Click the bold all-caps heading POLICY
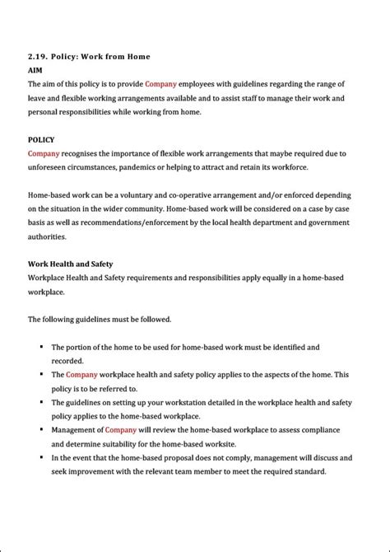coord(41,139)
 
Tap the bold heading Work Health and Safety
coord(70,264)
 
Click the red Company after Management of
coord(120,430)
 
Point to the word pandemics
coord(164,167)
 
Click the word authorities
coord(47,236)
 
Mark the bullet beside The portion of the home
coord(41,347)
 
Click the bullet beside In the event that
coord(41,457)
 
